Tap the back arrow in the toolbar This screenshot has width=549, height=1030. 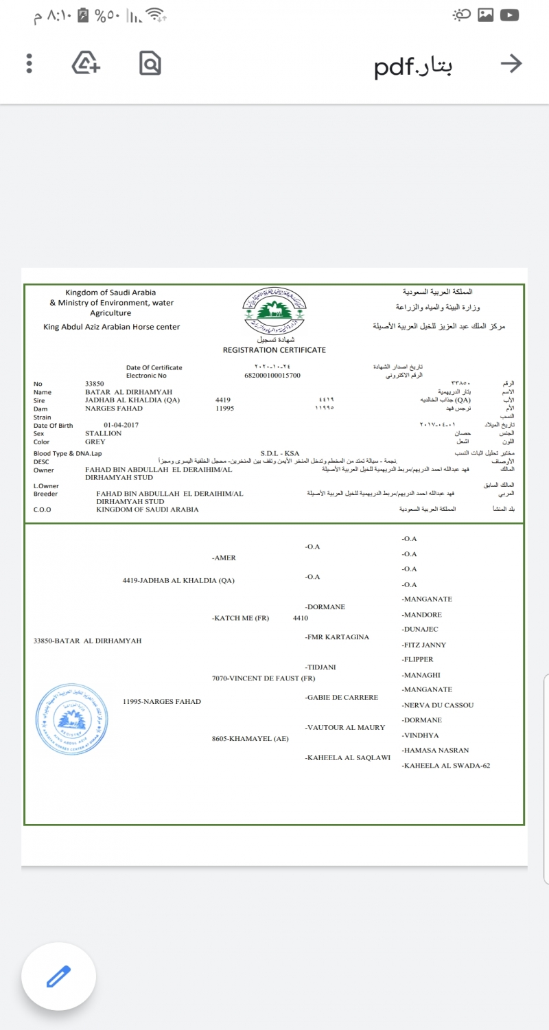(511, 64)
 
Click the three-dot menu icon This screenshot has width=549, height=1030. (29, 64)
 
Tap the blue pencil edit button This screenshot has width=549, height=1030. (58, 976)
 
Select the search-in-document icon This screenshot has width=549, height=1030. (150, 64)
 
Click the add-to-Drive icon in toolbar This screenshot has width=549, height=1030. (86, 63)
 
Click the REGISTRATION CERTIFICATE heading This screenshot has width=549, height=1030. (274, 350)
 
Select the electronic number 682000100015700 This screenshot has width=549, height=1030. (272, 376)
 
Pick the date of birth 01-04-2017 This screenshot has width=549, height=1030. (121, 425)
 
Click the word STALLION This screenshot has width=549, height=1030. (103, 433)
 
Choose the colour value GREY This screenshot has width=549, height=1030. (95, 442)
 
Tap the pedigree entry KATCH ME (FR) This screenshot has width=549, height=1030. (242, 618)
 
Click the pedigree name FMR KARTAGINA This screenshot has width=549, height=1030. (338, 637)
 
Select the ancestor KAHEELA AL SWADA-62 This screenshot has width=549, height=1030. (446, 766)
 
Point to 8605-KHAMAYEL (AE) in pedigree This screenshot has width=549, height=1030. (250, 740)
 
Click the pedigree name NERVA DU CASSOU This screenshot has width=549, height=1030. (439, 705)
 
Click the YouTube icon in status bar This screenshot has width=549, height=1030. (509, 15)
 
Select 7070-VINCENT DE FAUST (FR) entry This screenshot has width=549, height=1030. (264, 678)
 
